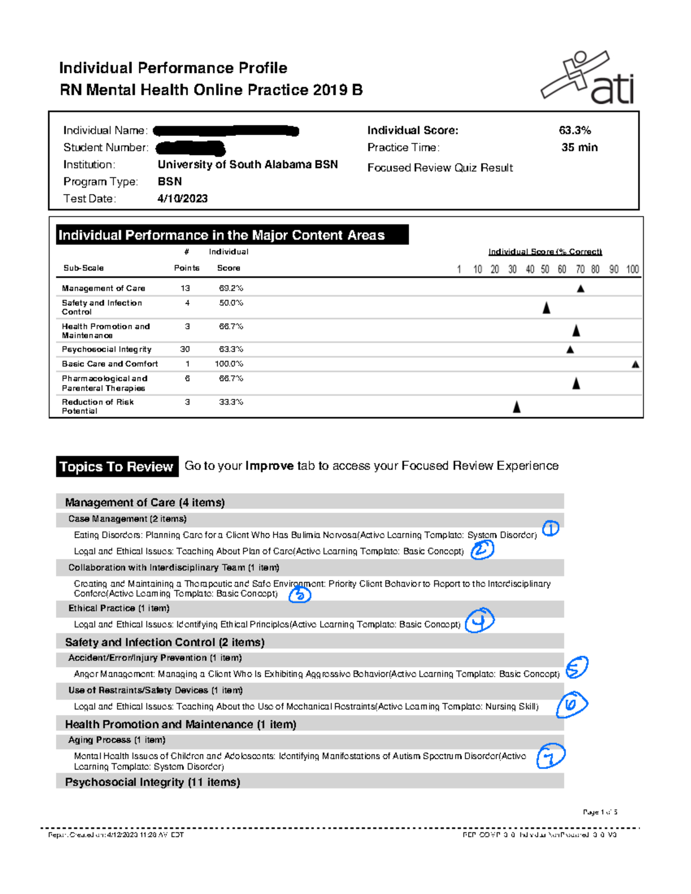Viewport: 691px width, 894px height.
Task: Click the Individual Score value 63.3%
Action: click(575, 131)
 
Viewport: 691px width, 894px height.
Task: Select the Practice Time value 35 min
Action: click(579, 147)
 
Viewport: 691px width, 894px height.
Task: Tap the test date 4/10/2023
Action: click(182, 199)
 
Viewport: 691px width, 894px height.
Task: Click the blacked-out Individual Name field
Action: click(226, 131)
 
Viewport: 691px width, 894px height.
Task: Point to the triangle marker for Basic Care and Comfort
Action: click(635, 364)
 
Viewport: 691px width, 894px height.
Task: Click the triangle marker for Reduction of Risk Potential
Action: click(517, 407)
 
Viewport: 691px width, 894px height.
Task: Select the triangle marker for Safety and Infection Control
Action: click(546, 308)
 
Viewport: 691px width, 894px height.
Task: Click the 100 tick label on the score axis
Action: click(632, 269)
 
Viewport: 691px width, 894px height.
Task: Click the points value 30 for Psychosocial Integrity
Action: click(185, 349)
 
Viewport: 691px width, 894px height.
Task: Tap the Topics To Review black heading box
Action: click(117, 466)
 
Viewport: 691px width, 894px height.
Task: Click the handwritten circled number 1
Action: click(550, 528)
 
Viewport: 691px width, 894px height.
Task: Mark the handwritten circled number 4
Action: click(480, 621)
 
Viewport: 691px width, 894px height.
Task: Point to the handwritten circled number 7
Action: click(550, 756)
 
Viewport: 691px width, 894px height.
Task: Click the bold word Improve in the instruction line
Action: click(269, 466)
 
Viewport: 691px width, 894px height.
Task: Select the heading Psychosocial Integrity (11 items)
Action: click(153, 782)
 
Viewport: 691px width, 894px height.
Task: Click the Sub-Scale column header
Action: click(83, 268)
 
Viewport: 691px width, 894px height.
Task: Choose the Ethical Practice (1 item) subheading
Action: click(119, 608)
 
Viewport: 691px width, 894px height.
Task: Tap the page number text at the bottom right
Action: click(599, 812)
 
